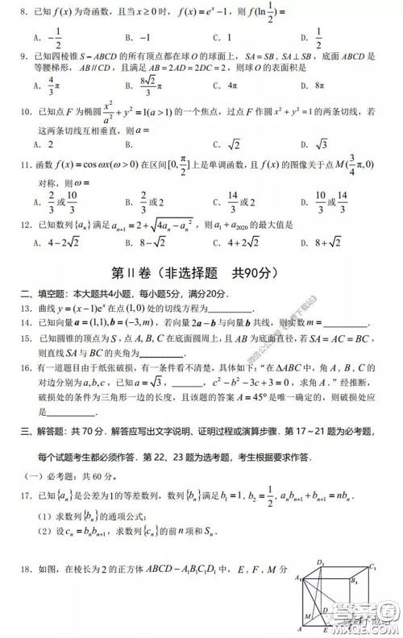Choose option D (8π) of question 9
click(307, 84)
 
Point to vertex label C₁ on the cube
click(372, 566)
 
